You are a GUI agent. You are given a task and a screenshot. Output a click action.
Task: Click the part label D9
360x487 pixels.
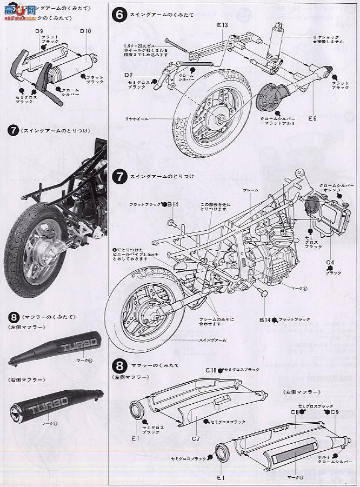(x=39, y=31)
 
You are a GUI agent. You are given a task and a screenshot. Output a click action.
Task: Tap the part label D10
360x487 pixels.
(x=85, y=31)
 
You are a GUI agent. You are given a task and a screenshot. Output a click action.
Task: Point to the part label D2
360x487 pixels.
(x=129, y=74)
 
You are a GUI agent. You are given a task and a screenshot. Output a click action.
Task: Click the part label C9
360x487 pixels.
(x=334, y=412)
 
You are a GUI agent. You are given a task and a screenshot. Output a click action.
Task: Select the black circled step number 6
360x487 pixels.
(x=118, y=15)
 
